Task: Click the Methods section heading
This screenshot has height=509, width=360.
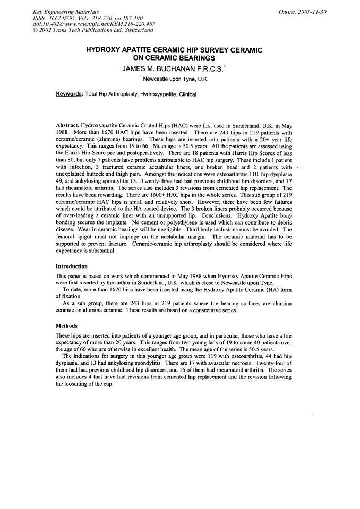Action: pyautogui.click(x=66, y=325)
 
